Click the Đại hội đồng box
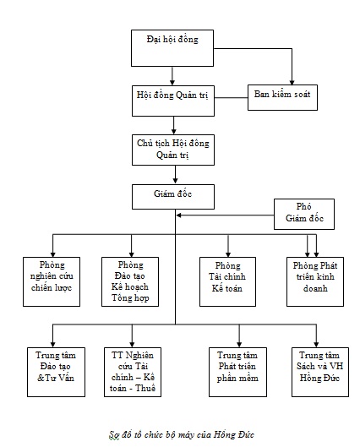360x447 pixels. (172, 48)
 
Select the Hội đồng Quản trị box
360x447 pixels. (173, 101)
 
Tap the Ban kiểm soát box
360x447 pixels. (282, 97)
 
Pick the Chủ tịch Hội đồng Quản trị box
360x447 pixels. (173, 150)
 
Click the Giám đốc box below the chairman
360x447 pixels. (173, 197)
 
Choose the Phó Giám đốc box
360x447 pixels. (304, 214)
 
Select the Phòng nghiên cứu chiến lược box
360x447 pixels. (52, 281)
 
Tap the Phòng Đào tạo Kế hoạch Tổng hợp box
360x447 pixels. (130, 281)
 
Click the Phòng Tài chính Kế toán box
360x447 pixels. (227, 281)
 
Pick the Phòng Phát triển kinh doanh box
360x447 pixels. (315, 281)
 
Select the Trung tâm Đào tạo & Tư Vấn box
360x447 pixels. (56, 372)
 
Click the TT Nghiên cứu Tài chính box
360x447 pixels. (133, 372)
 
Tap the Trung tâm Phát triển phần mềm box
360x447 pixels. (237, 372)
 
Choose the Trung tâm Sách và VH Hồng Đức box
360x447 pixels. (320, 372)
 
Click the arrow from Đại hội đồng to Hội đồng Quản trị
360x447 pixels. (172, 76)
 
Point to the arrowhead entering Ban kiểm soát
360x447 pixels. (292, 83)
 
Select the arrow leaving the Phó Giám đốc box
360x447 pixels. (225, 215)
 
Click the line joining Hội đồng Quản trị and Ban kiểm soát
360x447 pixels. (231, 98)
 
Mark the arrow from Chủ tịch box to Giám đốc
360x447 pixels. (175, 174)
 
